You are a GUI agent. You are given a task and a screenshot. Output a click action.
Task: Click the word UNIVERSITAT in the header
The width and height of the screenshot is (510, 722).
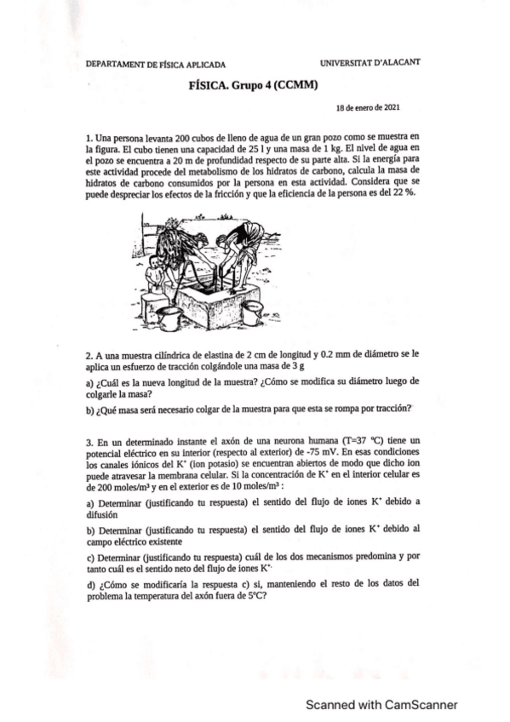point(348,62)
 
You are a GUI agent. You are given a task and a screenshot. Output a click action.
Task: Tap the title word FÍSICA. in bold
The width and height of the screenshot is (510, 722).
point(209,85)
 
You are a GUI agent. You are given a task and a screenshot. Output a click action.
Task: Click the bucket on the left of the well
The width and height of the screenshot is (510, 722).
point(170,319)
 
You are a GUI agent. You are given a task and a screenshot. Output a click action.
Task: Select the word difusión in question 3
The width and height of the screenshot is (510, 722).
point(100,514)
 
